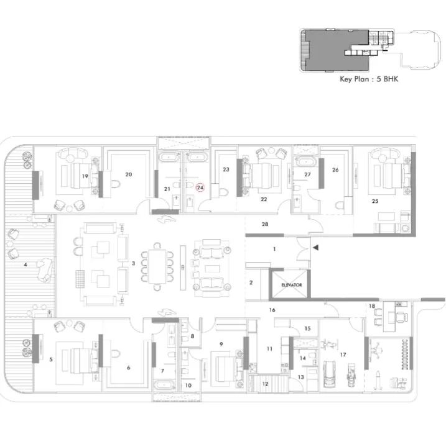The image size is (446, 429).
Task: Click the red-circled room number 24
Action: click(200, 187)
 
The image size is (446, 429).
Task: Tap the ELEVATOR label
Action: click(292, 285)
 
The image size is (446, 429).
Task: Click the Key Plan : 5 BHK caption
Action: click(369, 79)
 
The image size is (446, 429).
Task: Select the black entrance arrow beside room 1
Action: click(315, 248)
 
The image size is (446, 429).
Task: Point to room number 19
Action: click(85, 176)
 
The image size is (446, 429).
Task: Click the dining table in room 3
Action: click(157, 266)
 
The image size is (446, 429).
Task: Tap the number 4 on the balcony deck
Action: click(26, 264)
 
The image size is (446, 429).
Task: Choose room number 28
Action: click(265, 224)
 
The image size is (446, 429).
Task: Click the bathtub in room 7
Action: click(164, 386)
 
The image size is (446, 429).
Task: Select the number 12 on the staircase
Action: click(265, 384)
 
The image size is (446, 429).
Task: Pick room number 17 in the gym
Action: click(343, 354)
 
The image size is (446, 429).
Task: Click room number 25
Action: click(375, 201)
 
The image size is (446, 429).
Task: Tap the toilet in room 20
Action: click(116, 184)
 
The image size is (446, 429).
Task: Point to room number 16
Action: click(272, 310)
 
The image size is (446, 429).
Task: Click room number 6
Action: click(128, 368)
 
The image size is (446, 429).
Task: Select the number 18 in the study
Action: click(372, 306)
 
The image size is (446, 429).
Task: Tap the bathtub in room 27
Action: click(306, 162)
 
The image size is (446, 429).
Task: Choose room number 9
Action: click(221, 344)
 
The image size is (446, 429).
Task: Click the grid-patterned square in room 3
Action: click(80, 279)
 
